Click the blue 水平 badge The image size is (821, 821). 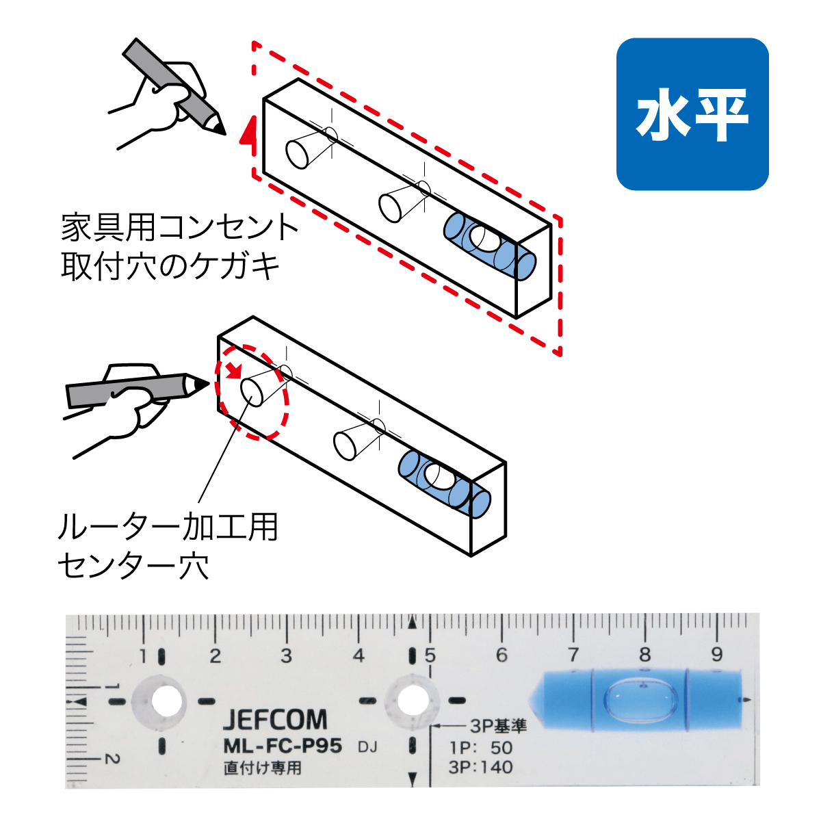tap(692, 114)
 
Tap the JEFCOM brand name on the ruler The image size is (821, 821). tap(275, 720)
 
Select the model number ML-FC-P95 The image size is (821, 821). tap(283, 746)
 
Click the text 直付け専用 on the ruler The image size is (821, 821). tap(262, 768)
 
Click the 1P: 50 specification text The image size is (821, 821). tap(481, 748)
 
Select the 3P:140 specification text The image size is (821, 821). tap(481, 767)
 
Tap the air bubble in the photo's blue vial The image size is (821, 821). tap(641, 701)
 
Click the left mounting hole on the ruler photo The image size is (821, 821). tap(163, 702)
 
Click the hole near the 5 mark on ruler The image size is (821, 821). tap(410, 702)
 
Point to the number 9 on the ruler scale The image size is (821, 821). tap(716, 655)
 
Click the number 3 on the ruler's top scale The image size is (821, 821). tap(286, 655)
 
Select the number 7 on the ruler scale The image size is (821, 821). tap(573, 655)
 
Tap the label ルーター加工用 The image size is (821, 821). tap(168, 527)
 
